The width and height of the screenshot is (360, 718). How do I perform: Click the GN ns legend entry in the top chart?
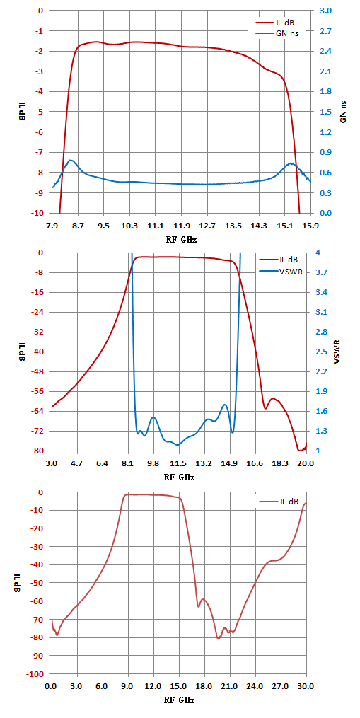(277, 33)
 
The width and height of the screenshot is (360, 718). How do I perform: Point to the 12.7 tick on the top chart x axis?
(207, 226)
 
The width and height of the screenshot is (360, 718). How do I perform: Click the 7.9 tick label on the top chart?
(52, 226)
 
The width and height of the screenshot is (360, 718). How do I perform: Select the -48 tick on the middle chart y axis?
(39, 372)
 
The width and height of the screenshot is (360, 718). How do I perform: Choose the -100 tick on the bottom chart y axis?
(37, 674)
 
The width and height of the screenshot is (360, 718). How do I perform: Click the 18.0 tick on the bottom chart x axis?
(204, 687)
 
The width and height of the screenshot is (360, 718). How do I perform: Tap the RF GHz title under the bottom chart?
(179, 700)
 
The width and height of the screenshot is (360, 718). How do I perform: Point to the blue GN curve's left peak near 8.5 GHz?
(71, 161)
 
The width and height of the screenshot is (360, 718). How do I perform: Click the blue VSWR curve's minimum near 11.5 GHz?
(178, 445)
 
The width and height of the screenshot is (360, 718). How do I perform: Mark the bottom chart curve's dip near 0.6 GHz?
(57, 635)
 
